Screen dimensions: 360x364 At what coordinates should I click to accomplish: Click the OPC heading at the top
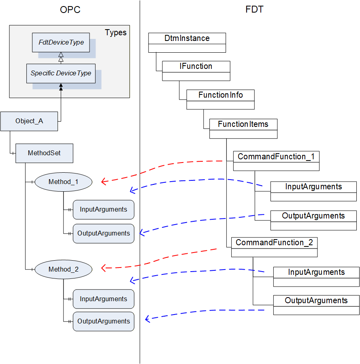70,10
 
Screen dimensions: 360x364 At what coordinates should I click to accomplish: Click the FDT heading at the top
254,9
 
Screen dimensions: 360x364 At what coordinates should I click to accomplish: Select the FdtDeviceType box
61,43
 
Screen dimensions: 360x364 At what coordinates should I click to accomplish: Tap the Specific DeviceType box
61,73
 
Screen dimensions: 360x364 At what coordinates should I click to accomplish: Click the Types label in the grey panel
116,33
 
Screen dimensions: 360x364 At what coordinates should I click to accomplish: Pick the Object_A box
29,121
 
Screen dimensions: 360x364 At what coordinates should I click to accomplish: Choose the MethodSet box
44,153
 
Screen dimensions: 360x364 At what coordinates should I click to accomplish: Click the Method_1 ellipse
63,182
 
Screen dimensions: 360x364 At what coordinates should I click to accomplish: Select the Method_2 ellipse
63,269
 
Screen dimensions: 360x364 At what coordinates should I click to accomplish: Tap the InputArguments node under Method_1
103,210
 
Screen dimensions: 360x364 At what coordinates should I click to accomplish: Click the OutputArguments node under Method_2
103,321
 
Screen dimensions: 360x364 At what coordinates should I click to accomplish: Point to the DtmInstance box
187,43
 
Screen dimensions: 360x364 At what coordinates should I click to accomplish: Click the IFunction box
196,71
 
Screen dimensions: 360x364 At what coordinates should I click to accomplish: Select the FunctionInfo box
220,99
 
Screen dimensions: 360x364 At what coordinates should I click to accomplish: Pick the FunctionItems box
243,128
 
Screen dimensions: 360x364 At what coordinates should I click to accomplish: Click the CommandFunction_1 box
276,161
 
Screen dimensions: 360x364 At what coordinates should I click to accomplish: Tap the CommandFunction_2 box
275,247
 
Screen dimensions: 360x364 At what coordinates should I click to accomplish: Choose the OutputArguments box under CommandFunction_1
313,220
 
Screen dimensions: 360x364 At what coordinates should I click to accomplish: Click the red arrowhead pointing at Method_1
104,181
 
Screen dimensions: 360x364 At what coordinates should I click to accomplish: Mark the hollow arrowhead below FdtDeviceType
61,55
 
